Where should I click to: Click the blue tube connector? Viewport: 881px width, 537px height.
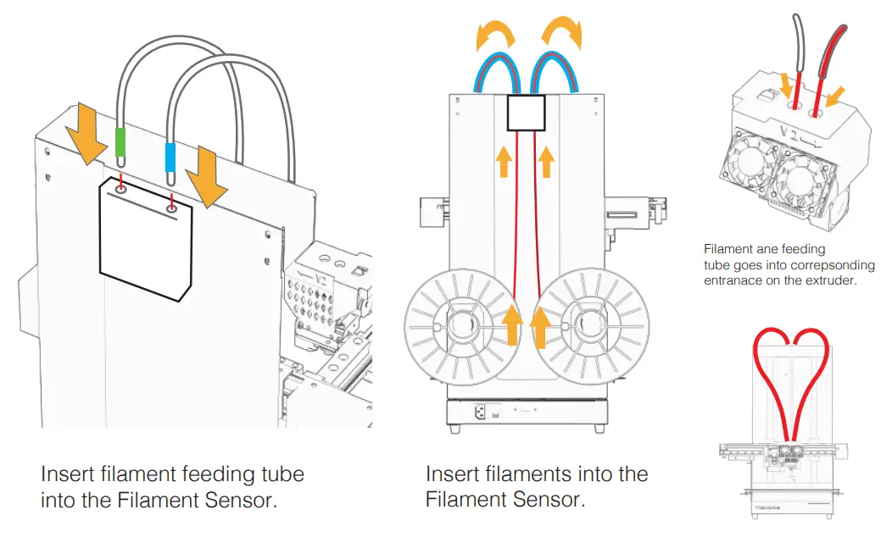point(170,158)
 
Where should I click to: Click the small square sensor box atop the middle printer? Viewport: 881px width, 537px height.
point(525,113)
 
